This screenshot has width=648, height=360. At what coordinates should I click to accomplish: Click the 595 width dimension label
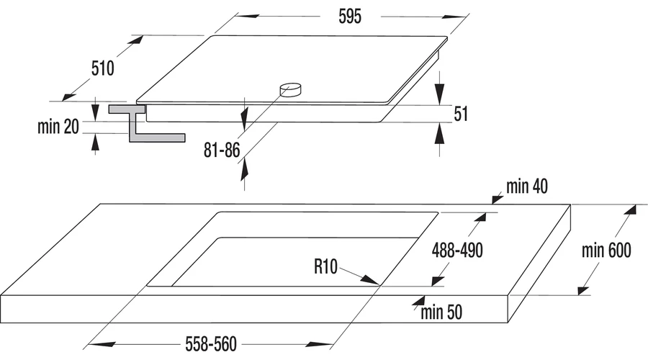[350, 17]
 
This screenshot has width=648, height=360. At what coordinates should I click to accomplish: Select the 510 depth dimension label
[102, 68]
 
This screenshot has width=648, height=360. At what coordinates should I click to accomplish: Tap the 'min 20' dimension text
[58, 127]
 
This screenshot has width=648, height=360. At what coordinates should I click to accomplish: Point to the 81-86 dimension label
[222, 150]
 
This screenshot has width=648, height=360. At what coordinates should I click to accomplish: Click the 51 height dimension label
[461, 114]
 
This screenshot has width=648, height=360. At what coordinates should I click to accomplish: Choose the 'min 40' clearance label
[527, 186]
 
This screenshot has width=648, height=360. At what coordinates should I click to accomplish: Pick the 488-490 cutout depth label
[457, 251]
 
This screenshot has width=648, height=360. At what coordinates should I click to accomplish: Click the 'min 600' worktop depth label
[606, 251]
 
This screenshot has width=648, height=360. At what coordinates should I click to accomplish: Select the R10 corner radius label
[325, 266]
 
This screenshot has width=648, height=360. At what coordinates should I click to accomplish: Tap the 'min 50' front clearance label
[441, 312]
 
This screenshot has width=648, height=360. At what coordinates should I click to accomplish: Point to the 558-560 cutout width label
[211, 344]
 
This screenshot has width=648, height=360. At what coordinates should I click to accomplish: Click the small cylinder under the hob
[291, 90]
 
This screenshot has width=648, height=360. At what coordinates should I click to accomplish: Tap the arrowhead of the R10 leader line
[370, 280]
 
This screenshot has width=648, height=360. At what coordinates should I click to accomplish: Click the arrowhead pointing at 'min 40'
[497, 199]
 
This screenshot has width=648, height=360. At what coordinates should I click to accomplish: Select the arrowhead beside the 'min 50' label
[418, 301]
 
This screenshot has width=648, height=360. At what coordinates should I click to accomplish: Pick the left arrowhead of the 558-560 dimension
[102, 344]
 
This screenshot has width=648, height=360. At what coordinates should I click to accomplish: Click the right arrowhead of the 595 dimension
[454, 17]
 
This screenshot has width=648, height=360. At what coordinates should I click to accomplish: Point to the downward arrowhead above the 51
[440, 94]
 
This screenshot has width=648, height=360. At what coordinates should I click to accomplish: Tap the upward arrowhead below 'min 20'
[96, 144]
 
